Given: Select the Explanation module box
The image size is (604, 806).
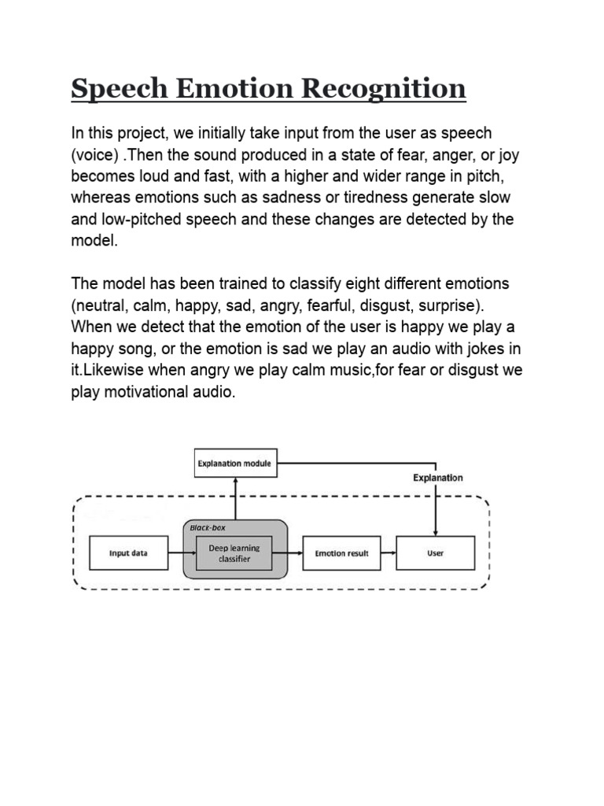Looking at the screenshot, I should click(x=234, y=464).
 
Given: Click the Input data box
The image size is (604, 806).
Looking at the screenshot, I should click(x=128, y=553).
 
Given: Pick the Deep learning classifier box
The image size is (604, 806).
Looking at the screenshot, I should click(x=234, y=553).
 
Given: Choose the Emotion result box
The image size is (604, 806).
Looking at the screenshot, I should click(x=341, y=553).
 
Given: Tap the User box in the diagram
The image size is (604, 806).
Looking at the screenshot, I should click(x=435, y=553).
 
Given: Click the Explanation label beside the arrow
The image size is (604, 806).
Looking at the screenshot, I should click(x=438, y=478).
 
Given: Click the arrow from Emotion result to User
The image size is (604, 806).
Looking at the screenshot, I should click(x=388, y=553).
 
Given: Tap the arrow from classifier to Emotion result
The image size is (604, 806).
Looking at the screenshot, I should click(x=293, y=553).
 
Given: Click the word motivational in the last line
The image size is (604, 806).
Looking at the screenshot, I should click(x=144, y=392).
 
